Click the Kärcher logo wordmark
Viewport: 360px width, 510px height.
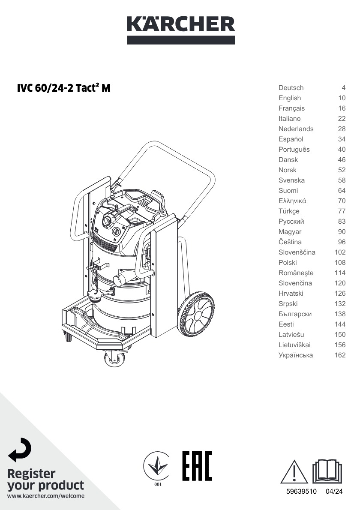coord(181,24)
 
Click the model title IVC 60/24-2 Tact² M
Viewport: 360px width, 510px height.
coord(64,88)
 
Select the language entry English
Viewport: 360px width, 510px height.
coord(289,98)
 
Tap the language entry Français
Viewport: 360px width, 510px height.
coord(291,108)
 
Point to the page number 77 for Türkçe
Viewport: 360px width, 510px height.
coord(342,211)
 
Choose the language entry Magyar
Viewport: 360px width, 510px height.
coord(290,232)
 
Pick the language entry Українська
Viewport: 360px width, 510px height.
coord(296,355)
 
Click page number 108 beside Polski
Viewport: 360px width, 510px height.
coord(340,262)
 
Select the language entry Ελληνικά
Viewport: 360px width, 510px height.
coord(292,201)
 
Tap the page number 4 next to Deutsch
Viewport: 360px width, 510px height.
coord(343,88)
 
